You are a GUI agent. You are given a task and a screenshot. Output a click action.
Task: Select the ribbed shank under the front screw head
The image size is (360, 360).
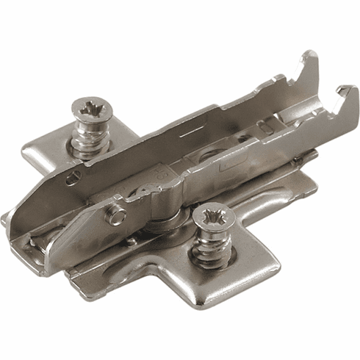(x=211, y=249)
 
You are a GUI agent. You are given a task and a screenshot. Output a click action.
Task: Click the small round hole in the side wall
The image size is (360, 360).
(x=73, y=178)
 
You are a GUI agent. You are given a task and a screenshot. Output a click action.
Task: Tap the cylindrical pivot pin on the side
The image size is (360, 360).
(x=115, y=215)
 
